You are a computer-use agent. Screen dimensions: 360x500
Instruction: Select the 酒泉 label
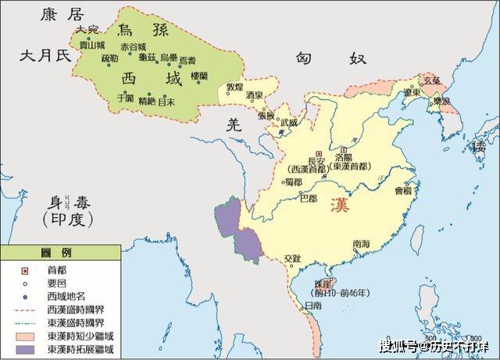click(x=254, y=95)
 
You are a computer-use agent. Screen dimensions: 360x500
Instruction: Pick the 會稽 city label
click(x=402, y=190)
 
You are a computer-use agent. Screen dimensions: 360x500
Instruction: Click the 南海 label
click(x=361, y=244)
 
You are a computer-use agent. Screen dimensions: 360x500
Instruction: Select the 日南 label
click(x=313, y=305)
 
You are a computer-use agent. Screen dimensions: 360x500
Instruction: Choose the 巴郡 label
click(x=309, y=198)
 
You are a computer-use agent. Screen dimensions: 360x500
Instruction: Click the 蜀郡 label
click(x=294, y=181)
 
